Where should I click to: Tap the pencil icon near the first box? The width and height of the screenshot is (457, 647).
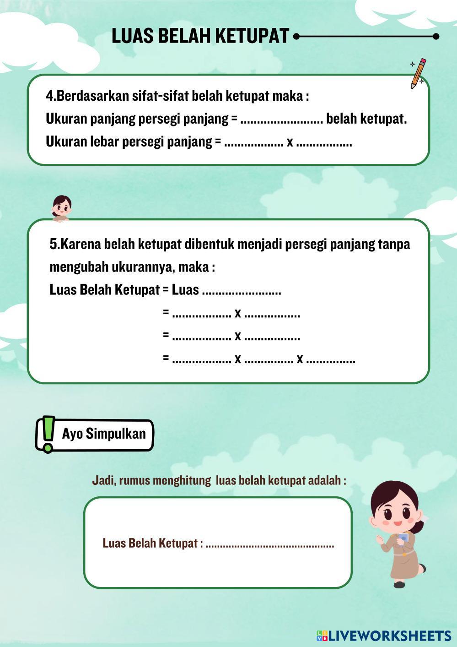click(418, 73)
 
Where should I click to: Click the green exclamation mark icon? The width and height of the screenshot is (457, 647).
click(48, 434)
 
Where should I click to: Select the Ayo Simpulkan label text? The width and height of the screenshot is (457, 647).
click(104, 434)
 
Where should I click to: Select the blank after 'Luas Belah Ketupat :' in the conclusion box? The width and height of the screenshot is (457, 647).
click(270, 545)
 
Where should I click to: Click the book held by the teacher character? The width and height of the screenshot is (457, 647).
click(403, 539)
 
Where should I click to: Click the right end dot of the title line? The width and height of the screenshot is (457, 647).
click(435, 36)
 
